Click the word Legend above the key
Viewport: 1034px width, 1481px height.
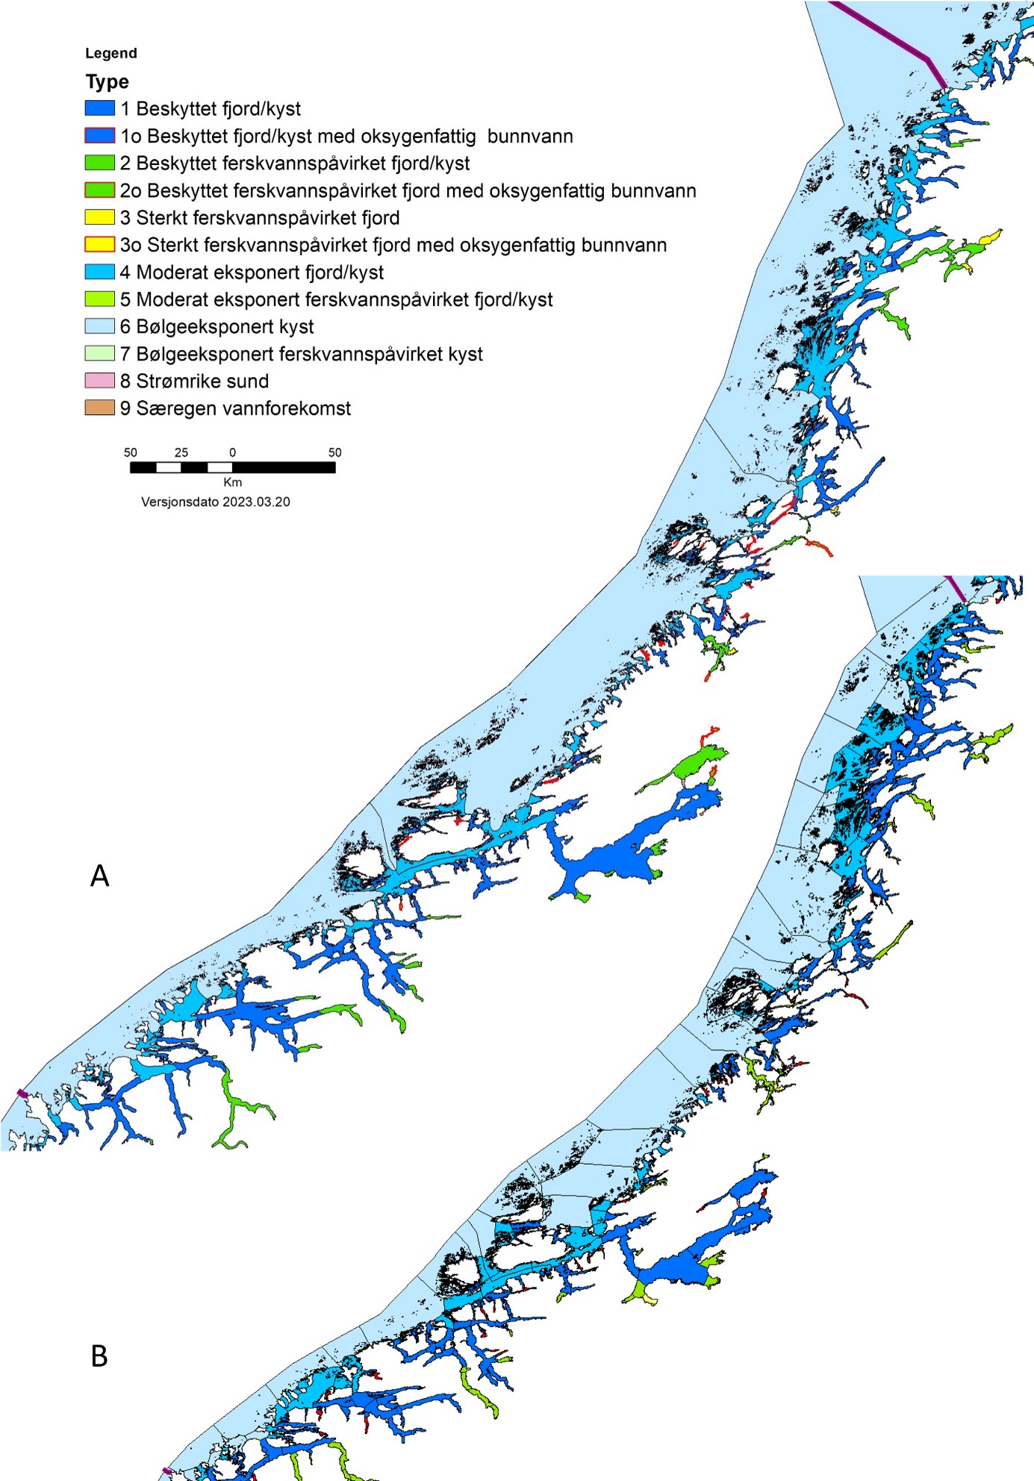point(110,53)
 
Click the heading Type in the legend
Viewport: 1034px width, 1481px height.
point(107,81)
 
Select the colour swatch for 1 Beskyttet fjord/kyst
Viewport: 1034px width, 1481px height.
point(99,108)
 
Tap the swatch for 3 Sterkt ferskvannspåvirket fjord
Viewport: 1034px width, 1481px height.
point(99,217)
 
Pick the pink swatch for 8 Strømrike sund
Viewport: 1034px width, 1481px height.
point(99,381)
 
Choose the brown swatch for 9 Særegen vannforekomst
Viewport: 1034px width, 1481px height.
point(99,408)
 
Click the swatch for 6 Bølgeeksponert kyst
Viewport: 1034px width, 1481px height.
point(99,326)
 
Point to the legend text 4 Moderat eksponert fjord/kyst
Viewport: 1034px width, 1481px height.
point(252,272)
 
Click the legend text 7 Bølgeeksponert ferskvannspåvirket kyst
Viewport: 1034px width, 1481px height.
point(301,354)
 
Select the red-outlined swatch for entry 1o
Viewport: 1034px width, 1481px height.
point(99,136)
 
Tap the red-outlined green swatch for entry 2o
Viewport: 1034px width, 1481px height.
point(99,190)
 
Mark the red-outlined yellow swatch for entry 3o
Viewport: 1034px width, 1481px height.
point(99,245)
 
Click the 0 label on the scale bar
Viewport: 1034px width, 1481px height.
point(232,452)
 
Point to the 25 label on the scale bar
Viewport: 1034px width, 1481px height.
point(181,452)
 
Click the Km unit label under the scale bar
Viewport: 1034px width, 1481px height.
point(232,482)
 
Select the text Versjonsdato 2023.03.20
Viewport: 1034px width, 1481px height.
point(215,502)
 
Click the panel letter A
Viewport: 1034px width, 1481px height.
point(99,876)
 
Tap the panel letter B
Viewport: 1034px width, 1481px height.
point(99,1356)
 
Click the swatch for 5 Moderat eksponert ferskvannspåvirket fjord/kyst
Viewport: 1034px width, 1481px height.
point(99,299)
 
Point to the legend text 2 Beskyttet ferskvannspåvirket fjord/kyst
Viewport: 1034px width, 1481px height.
point(295,163)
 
